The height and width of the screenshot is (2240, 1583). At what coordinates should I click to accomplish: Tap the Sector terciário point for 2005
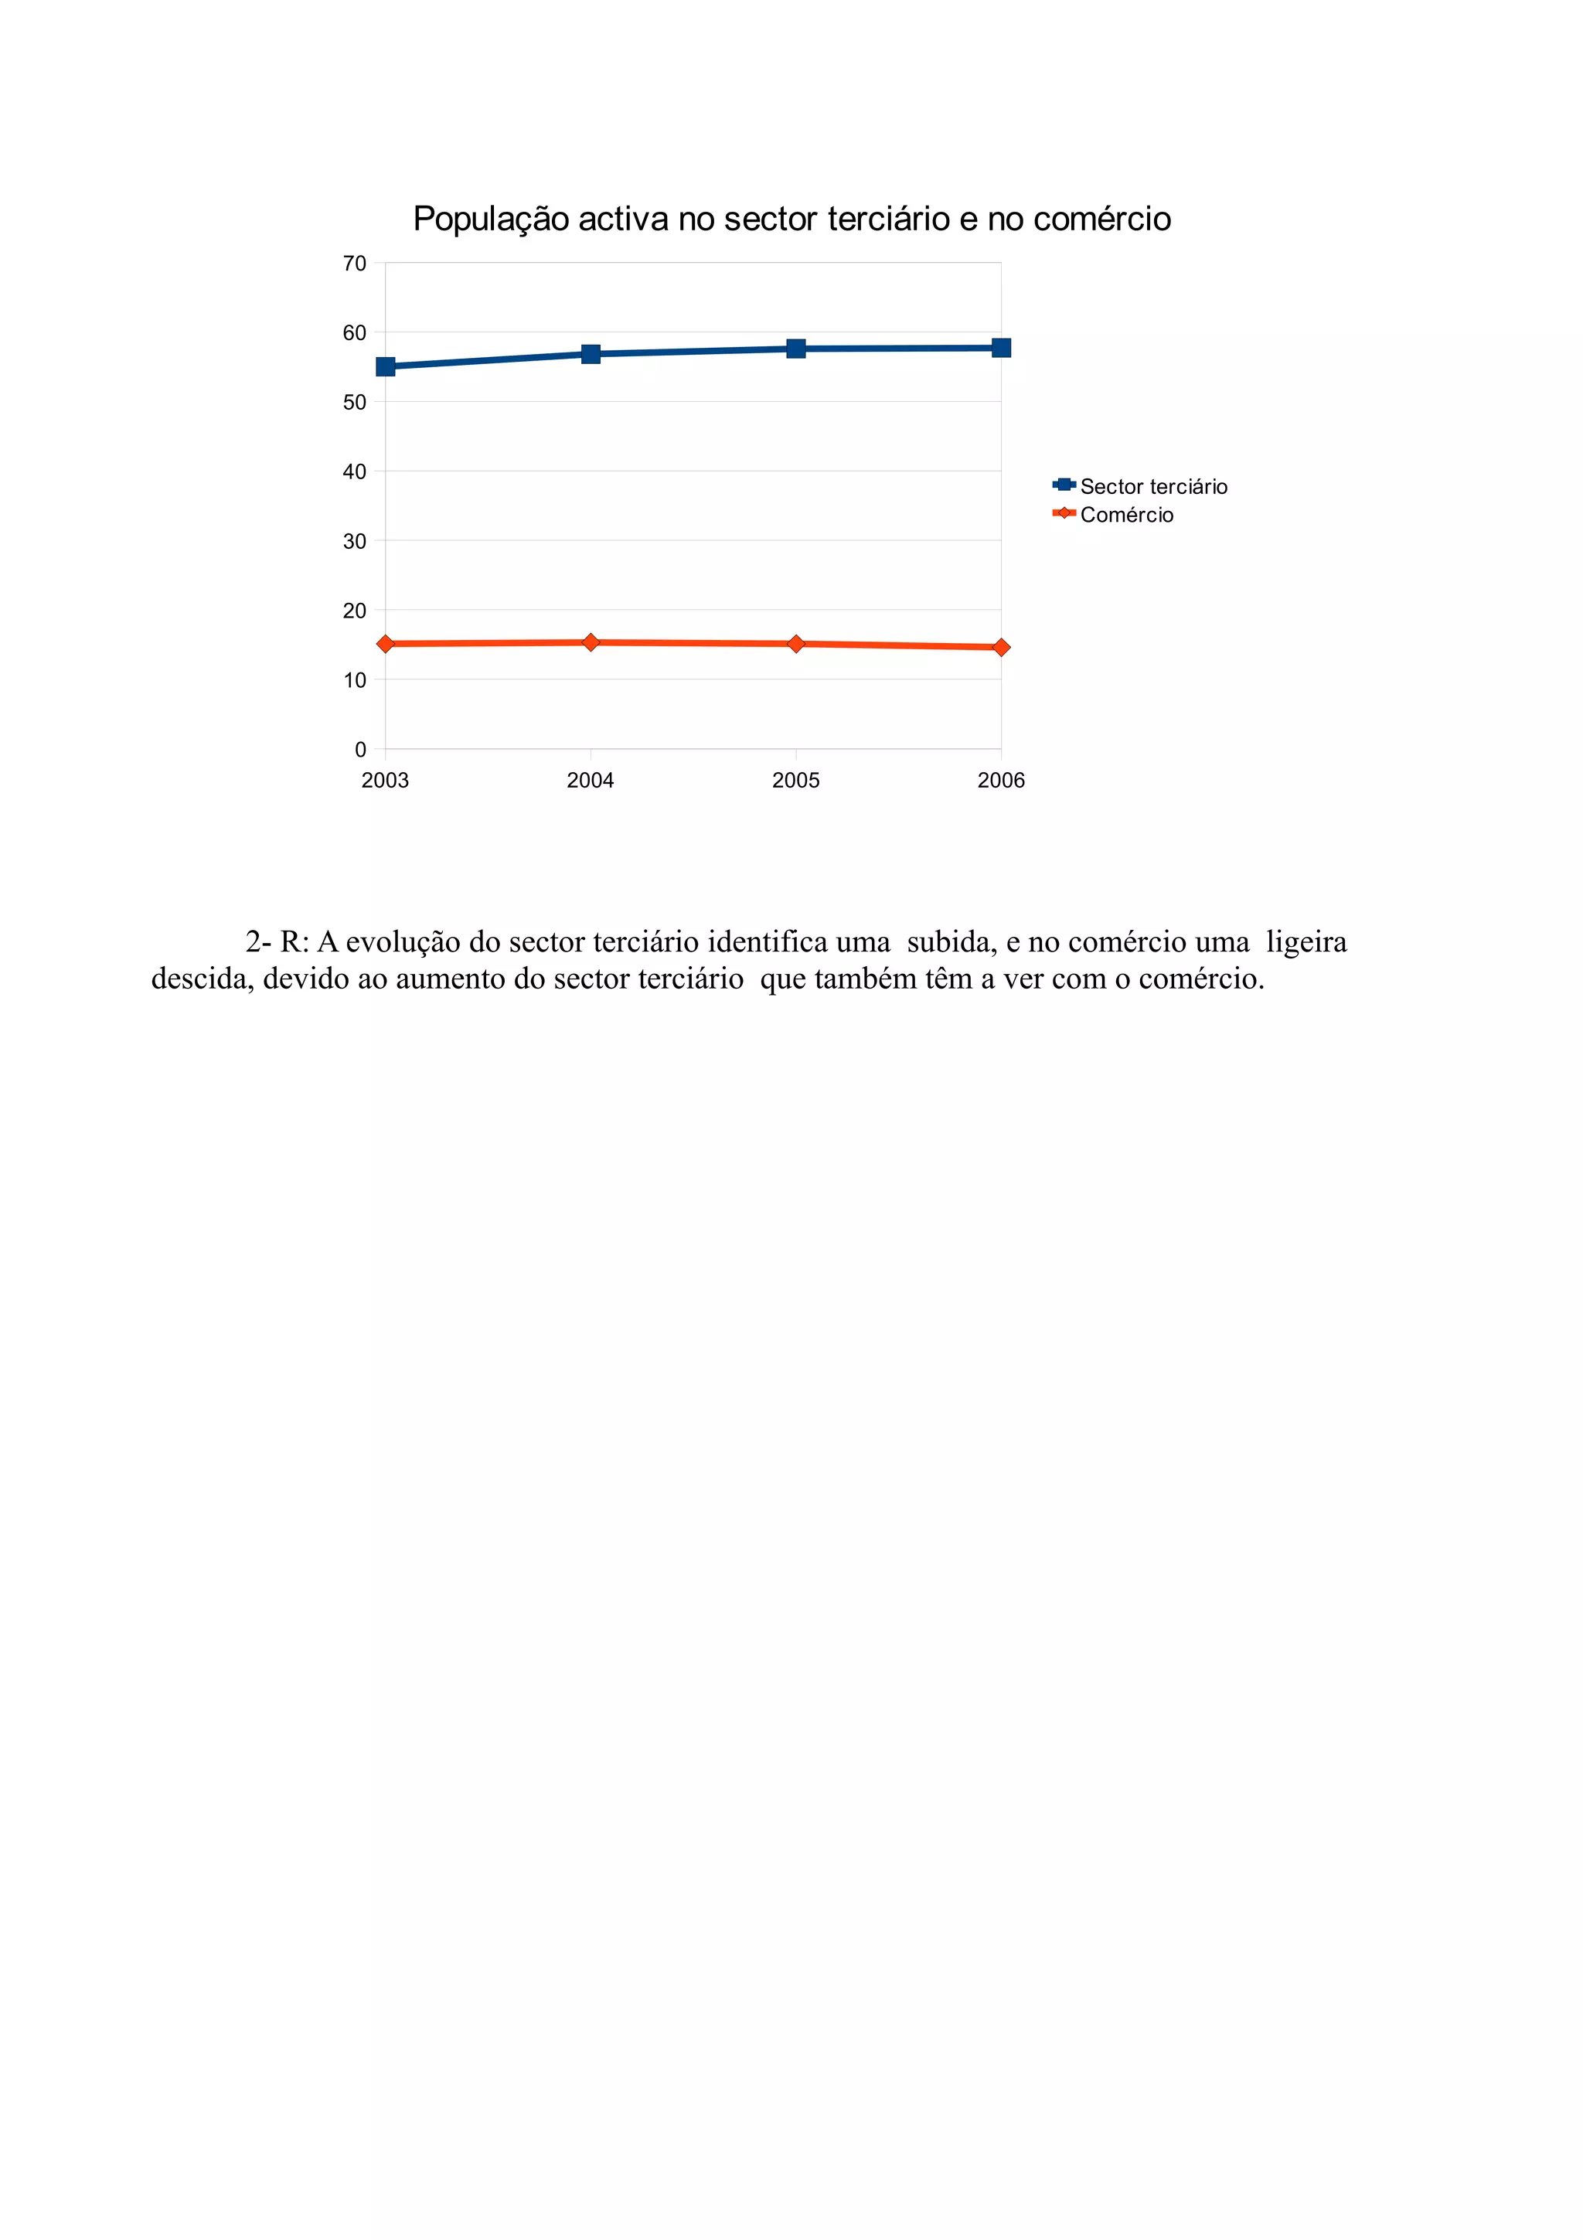(x=796, y=349)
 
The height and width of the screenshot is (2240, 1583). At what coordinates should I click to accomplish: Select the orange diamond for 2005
(x=796, y=644)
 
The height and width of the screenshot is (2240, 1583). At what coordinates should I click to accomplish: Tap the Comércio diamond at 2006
(x=1001, y=647)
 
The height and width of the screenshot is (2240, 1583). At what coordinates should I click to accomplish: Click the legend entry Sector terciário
(x=1153, y=487)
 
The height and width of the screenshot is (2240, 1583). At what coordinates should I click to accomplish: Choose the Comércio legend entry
(x=1125, y=515)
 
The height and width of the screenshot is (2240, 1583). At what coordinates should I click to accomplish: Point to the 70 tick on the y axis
(x=354, y=264)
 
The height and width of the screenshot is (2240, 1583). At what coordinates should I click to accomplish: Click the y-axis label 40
(x=354, y=472)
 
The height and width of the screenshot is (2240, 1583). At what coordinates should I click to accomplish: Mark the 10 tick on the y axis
(x=354, y=680)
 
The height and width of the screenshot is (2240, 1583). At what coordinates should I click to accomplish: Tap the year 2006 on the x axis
(x=1001, y=781)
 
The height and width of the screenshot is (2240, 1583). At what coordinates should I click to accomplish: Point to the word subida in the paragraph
(x=950, y=942)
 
